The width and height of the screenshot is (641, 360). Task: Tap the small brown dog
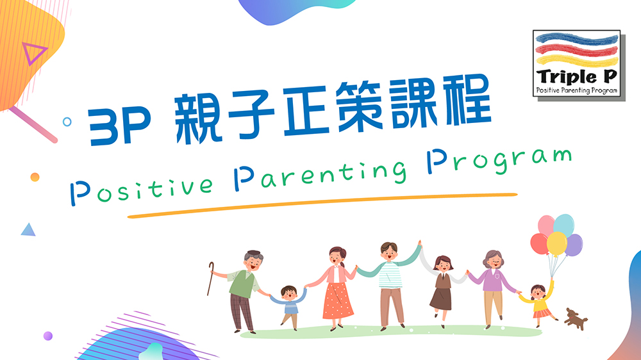(x=576, y=319)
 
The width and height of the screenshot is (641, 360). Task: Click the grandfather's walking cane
(x=210, y=279)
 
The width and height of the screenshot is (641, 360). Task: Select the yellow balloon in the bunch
(x=557, y=244)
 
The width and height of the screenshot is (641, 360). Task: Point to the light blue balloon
(x=563, y=225)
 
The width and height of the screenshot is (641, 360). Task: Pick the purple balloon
(x=575, y=245)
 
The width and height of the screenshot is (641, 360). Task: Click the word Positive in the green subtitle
(x=142, y=190)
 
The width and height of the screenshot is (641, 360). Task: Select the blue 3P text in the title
(x=119, y=126)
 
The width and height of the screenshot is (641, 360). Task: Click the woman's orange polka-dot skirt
(x=338, y=301)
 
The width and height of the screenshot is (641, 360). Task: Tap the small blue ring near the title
(x=67, y=121)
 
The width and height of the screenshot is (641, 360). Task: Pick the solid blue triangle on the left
(x=28, y=230)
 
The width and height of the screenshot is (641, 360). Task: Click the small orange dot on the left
(x=35, y=177)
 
